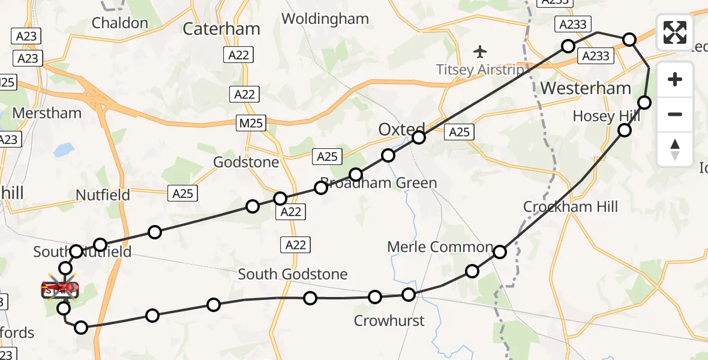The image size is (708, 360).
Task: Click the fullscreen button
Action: tap(675, 32)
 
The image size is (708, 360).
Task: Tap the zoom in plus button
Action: tap(675, 80)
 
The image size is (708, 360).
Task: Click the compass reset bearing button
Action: tap(675, 149)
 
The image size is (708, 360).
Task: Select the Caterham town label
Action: tap(221, 29)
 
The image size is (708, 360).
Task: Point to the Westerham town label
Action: tap(586, 89)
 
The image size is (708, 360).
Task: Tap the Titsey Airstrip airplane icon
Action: tap(480, 50)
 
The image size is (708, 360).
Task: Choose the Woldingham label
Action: tap(325, 19)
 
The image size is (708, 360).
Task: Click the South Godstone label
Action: tap(292, 274)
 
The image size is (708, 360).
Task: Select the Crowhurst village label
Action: tap(389, 320)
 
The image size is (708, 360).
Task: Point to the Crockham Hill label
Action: tap(570, 207)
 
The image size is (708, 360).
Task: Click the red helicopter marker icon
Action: tap(60, 290)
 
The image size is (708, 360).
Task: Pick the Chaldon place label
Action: tap(120, 23)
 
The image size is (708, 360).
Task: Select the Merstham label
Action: tap(47, 113)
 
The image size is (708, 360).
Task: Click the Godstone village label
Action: tap(246, 162)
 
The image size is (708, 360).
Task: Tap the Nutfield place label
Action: tap(103, 195)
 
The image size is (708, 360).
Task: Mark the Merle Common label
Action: tap(440, 247)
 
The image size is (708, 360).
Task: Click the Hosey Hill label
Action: tap(602, 116)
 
